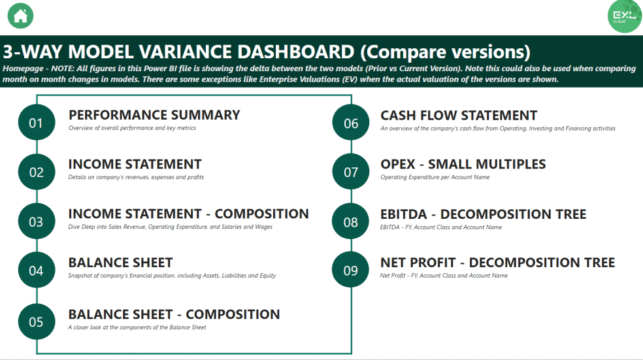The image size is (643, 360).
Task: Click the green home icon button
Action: pos(20,16)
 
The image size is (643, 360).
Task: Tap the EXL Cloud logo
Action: pos(625,16)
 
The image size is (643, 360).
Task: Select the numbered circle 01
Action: pos(36,122)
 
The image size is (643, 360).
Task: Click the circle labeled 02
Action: pos(36,172)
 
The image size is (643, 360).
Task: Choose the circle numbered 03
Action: pos(36,221)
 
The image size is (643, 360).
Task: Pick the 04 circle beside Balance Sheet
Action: pos(36,270)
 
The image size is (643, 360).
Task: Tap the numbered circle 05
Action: pos(36,321)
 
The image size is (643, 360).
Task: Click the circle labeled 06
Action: pos(351,123)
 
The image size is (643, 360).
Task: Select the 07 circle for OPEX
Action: pos(351,172)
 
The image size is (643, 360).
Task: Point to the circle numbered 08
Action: pos(351,221)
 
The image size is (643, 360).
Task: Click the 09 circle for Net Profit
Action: pos(351,270)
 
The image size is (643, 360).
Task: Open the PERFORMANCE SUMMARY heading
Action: pos(154,115)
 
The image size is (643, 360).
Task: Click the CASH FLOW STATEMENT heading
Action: pos(459,116)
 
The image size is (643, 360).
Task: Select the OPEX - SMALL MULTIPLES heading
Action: pos(463,164)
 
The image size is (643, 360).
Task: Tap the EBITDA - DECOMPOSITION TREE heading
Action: pos(483,214)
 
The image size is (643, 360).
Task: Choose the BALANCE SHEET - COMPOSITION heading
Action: pos(174,314)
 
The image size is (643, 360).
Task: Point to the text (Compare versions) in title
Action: pos(445,52)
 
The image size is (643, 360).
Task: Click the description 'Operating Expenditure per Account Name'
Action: pos(435,177)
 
